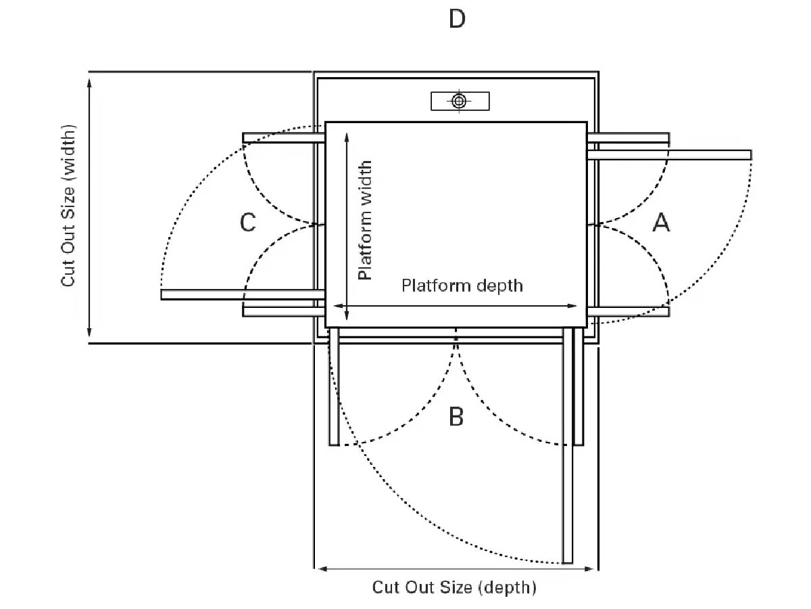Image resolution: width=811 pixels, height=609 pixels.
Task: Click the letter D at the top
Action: click(x=457, y=19)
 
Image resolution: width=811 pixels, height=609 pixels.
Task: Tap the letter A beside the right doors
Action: click(x=660, y=223)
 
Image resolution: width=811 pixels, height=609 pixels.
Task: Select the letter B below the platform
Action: click(x=456, y=416)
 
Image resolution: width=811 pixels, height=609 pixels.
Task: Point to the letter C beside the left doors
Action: click(x=247, y=223)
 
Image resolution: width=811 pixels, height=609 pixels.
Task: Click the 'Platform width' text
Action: click(x=365, y=221)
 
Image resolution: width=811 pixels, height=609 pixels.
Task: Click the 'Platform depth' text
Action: click(x=462, y=286)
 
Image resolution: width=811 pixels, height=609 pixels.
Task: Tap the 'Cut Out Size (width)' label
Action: click(x=68, y=206)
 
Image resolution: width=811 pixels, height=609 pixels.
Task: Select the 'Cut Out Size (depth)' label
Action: click(x=454, y=587)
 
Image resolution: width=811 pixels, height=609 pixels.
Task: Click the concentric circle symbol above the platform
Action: click(x=458, y=101)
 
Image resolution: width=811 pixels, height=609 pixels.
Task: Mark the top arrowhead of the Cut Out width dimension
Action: click(x=89, y=82)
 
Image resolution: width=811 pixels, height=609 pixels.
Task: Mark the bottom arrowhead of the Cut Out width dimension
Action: click(x=89, y=332)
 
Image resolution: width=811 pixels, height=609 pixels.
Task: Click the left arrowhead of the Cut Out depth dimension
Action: click(x=322, y=568)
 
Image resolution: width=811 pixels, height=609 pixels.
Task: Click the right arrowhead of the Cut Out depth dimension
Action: click(x=589, y=568)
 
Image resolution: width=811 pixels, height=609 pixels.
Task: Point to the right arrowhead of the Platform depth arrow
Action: click(x=572, y=306)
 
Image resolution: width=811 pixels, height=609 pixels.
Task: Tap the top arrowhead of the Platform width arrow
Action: click(x=347, y=137)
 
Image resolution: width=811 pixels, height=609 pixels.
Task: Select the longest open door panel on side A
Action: click(x=669, y=154)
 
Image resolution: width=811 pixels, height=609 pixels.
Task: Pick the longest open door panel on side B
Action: click(x=568, y=445)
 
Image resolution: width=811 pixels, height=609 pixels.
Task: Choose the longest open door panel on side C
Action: click(x=243, y=295)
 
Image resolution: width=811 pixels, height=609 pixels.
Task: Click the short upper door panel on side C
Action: click(x=283, y=138)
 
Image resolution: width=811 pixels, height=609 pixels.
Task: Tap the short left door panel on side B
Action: click(x=334, y=386)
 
